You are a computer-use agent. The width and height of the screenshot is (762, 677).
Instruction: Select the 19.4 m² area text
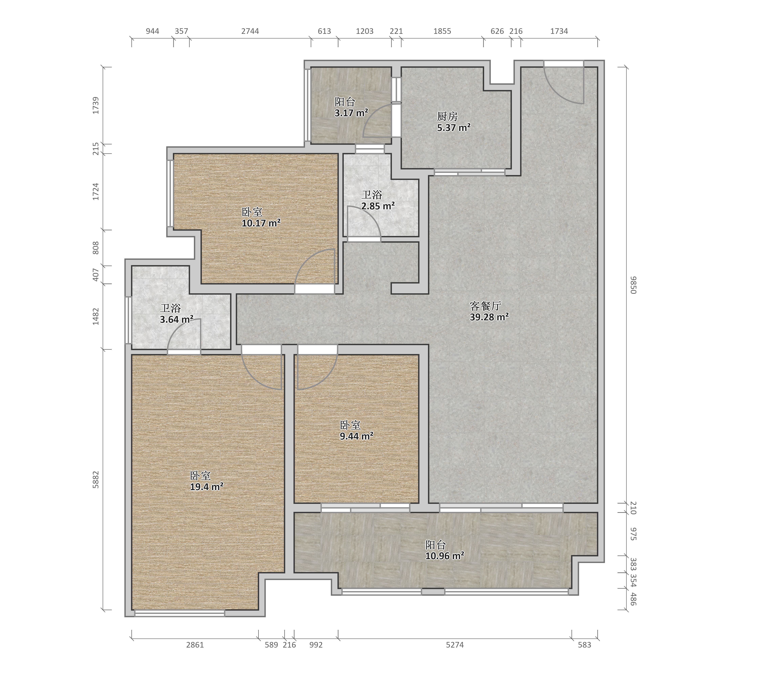(207, 487)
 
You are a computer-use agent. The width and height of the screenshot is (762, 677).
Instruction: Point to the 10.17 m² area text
(261, 223)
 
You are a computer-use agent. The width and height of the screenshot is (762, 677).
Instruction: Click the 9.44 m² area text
(356, 436)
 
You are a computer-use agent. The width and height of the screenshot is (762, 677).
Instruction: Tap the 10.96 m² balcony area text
(445, 556)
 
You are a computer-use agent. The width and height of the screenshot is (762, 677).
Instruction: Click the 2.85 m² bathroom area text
(378, 206)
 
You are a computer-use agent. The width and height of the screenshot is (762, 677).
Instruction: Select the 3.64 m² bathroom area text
(177, 319)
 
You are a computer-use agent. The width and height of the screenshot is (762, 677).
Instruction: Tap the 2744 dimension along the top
(250, 31)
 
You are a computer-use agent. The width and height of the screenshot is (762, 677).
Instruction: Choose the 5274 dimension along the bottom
(455, 645)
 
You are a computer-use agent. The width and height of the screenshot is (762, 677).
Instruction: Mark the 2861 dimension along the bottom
(195, 645)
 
